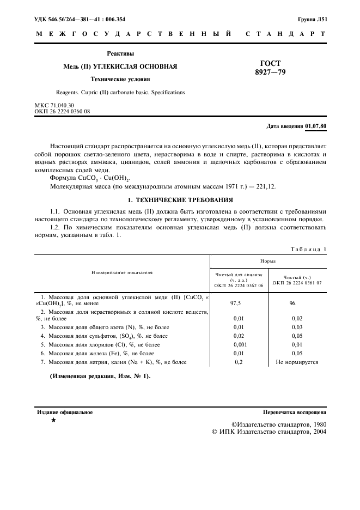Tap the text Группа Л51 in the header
(312, 19)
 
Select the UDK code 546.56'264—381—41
(81, 19)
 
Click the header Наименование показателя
(122, 272)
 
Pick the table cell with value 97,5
(238, 303)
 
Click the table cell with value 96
(297, 303)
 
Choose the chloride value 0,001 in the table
(238, 344)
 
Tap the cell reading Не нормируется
(297, 362)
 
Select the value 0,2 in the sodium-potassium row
(238, 362)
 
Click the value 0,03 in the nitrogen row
(297, 327)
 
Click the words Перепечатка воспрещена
(295, 412)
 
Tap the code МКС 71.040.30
(54, 105)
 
